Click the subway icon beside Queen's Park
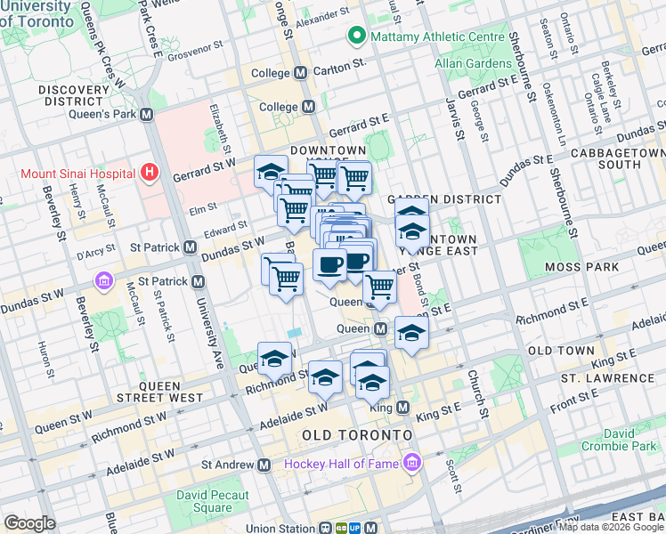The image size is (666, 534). pyautogui.click(x=147, y=115)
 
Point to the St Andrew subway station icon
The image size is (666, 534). pyautogui.click(x=264, y=465)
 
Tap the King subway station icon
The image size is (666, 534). pyautogui.click(x=402, y=408)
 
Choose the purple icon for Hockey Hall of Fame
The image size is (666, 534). pyautogui.click(x=410, y=464)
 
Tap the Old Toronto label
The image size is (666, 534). pyautogui.click(x=356, y=434)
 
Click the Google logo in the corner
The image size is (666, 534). pyautogui.click(x=29, y=523)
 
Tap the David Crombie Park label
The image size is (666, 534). pyautogui.click(x=635, y=439)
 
